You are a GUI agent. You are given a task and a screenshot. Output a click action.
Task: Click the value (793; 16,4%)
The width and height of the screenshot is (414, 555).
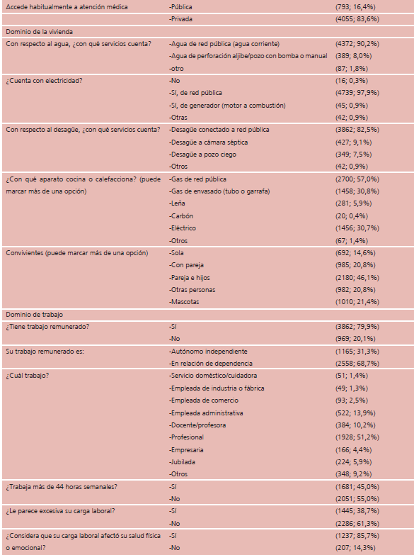[355, 6]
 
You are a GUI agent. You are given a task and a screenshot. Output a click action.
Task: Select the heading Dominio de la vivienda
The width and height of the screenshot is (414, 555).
[39, 31]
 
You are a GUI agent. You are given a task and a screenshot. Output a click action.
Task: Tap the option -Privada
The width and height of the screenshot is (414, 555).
[180, 18]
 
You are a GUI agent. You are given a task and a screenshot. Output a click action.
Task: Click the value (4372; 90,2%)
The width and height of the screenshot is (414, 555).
[357, 44]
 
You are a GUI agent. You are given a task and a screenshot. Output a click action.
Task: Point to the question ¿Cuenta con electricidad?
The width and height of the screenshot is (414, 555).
[44, 80]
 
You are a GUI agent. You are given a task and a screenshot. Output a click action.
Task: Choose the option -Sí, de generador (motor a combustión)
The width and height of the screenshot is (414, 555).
[227, 105]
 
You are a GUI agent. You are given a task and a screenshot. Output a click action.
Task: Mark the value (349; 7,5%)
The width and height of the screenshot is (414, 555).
[353, 155]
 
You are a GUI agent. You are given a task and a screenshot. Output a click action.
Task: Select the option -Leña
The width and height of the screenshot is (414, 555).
[177, 203]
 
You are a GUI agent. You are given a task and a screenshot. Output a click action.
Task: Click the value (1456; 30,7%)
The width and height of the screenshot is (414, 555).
[357, 228]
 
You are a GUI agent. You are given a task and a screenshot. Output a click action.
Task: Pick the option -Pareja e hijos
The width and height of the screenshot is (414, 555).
[190, 278]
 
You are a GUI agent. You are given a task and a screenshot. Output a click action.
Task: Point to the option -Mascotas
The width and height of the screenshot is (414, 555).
[184, 301]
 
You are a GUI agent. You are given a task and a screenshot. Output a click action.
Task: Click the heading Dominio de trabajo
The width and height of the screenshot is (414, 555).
[34, 314]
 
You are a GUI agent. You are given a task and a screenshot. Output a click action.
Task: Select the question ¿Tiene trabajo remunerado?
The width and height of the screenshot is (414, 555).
[47, 326]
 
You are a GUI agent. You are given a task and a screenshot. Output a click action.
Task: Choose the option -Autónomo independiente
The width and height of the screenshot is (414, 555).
[208, 351]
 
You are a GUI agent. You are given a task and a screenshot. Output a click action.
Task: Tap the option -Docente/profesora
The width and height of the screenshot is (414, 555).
[197, 425]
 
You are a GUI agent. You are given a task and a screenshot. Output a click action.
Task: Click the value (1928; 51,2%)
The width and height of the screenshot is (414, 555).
[357, 437]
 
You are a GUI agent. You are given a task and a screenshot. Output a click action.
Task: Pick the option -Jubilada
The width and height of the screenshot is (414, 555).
[182, 462]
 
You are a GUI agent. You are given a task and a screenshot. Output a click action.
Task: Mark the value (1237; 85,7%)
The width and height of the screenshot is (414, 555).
[357, 536]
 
